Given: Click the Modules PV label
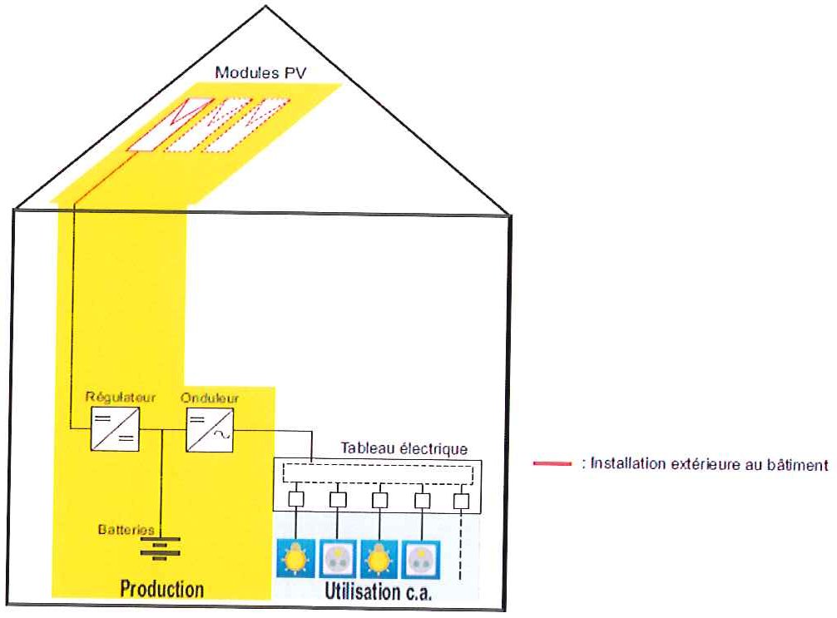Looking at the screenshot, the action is [260, 72].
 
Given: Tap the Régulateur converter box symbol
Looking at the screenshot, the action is [116, 429].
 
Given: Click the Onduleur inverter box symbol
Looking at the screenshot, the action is [210, 430].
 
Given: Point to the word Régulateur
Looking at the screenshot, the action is [121, 398].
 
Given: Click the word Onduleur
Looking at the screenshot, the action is [210, 398].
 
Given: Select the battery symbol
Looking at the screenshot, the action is [160, 549].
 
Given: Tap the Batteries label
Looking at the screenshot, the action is [126, 529].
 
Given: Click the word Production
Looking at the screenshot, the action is [161, 589].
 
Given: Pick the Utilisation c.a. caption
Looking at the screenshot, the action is [378, 592].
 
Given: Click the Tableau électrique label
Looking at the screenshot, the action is [404, 448].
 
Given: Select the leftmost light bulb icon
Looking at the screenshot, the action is [295, 559].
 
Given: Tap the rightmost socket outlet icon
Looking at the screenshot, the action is [421, 560].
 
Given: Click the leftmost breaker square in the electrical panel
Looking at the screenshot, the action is [296, 499].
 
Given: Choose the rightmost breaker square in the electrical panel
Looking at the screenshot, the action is [461, 501].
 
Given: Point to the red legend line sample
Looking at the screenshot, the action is [552, 463].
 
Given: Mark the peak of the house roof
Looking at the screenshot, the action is [265, 6].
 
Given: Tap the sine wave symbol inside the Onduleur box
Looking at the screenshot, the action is [221, 436].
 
